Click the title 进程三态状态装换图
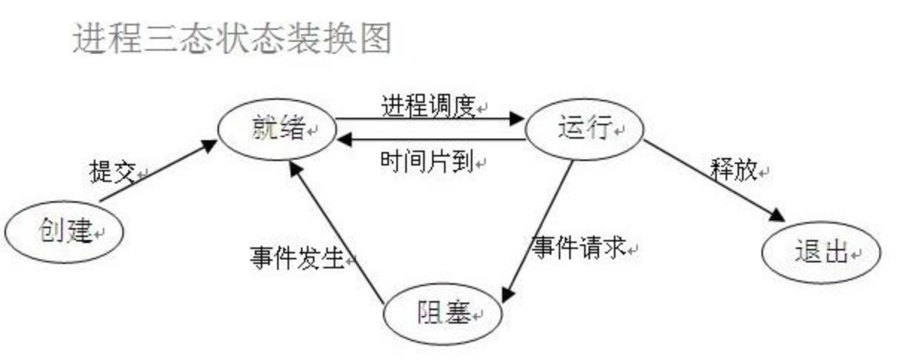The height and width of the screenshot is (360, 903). click(232, 37)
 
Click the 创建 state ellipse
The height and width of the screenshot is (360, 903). click(64, 233)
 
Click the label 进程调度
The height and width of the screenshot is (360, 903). click(428, 107)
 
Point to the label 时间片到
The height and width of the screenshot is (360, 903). click(428, 162)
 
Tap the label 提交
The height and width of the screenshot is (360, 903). click(111, 172)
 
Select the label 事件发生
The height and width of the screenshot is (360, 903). click(297, 259)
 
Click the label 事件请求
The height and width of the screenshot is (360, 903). click(578, 247)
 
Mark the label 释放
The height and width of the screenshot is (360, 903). click(734, 171)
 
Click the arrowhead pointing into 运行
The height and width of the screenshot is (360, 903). click(518, 118)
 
